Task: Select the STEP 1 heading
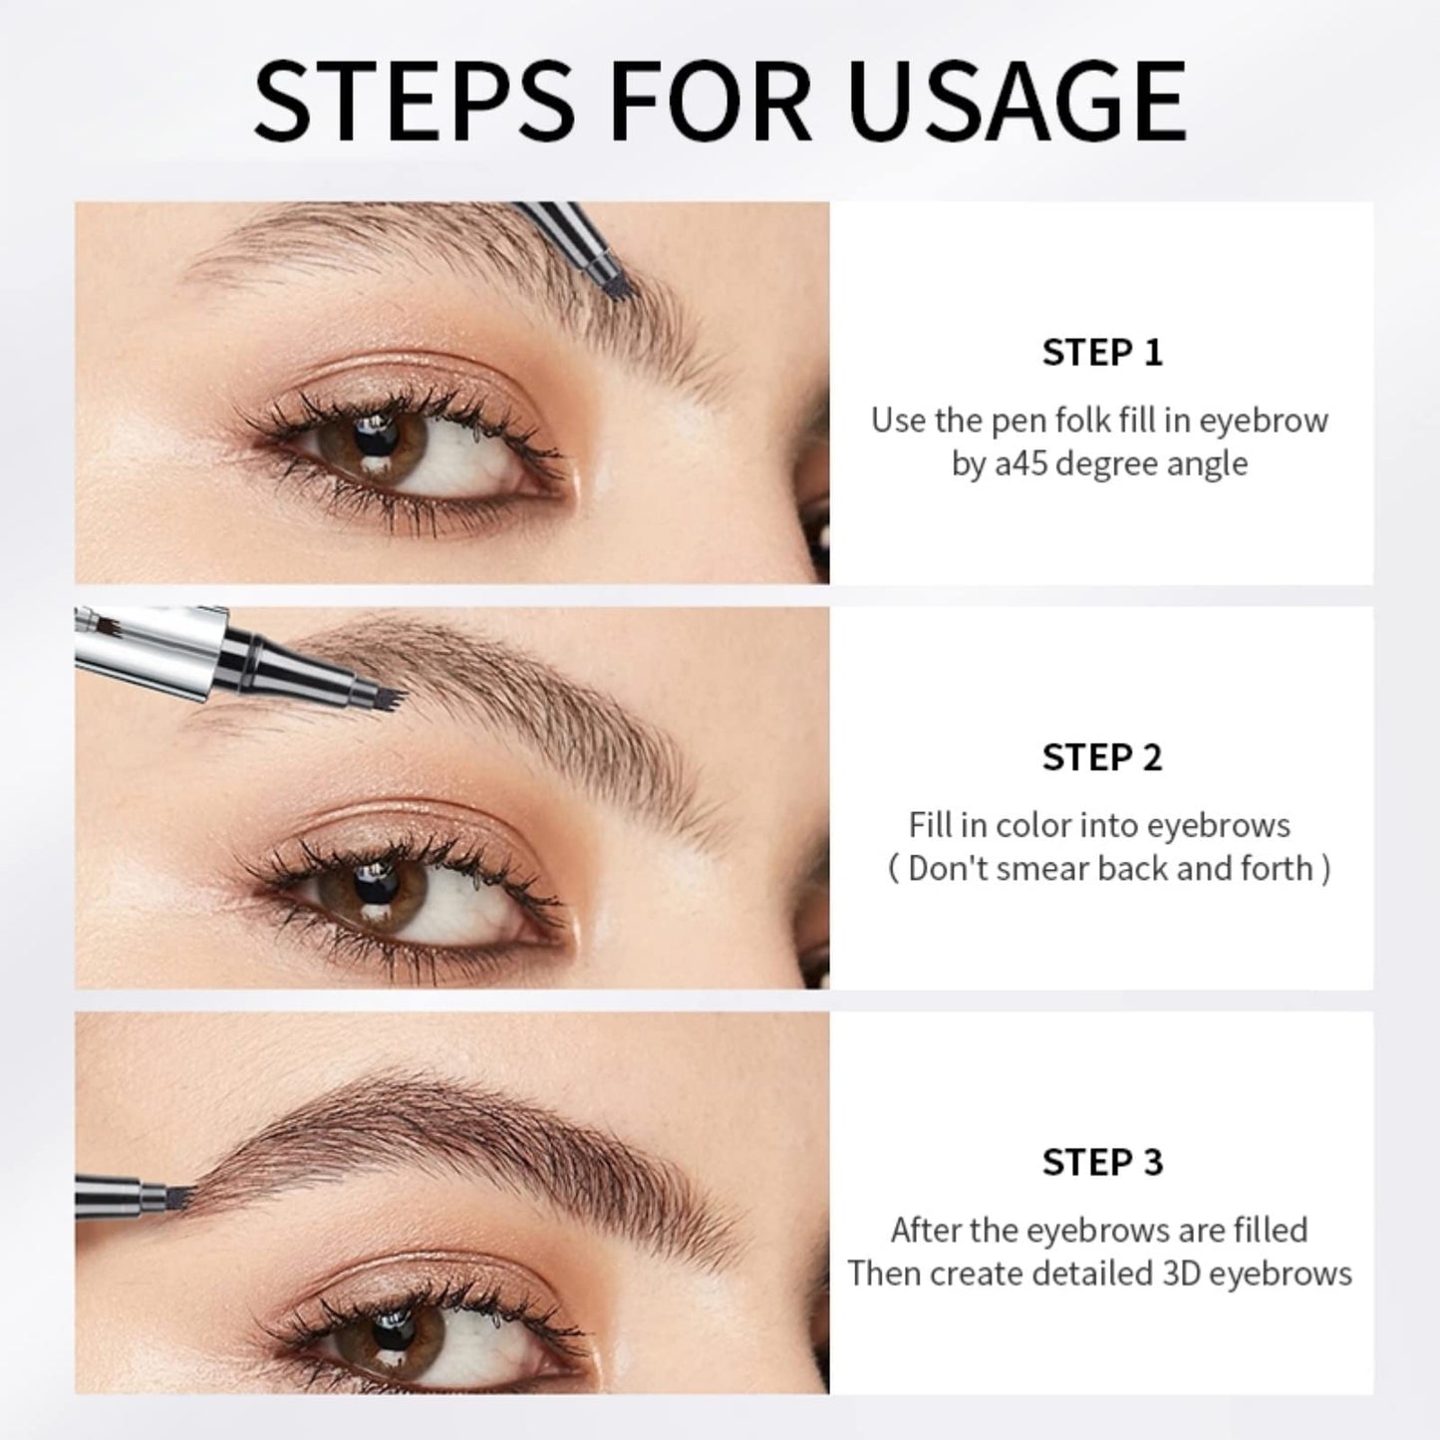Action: (x=1102, y=353)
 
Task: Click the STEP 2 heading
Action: (x=1102, y=757)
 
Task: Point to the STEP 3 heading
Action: (x=1102, y=1162)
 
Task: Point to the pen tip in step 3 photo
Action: (x=179, y=1193)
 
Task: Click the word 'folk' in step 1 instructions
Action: (x=1055, y=421)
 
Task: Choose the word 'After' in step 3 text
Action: (x=927, y=1230)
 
